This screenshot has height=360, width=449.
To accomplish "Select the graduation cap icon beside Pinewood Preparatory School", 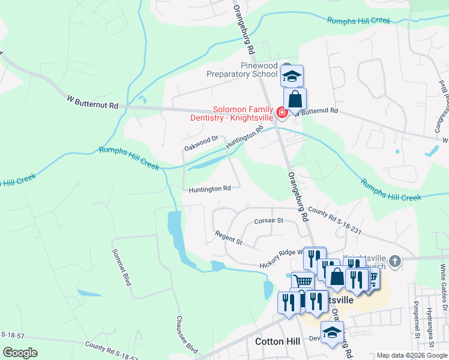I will tap(292, 76).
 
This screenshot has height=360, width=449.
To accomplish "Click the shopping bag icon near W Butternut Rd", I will tap(295, 99).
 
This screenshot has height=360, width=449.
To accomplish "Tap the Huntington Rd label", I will tap(209, 188).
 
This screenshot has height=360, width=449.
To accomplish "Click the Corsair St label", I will tap(268, 220).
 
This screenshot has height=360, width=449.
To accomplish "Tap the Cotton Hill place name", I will tap(277, 341).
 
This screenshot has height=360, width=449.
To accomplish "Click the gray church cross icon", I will tap(394, 261).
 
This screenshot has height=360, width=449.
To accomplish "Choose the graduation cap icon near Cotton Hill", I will tap(332, 333).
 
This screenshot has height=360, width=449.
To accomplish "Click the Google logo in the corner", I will tap(20, 353).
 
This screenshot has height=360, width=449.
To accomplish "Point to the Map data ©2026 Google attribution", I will tap(411, 355).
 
